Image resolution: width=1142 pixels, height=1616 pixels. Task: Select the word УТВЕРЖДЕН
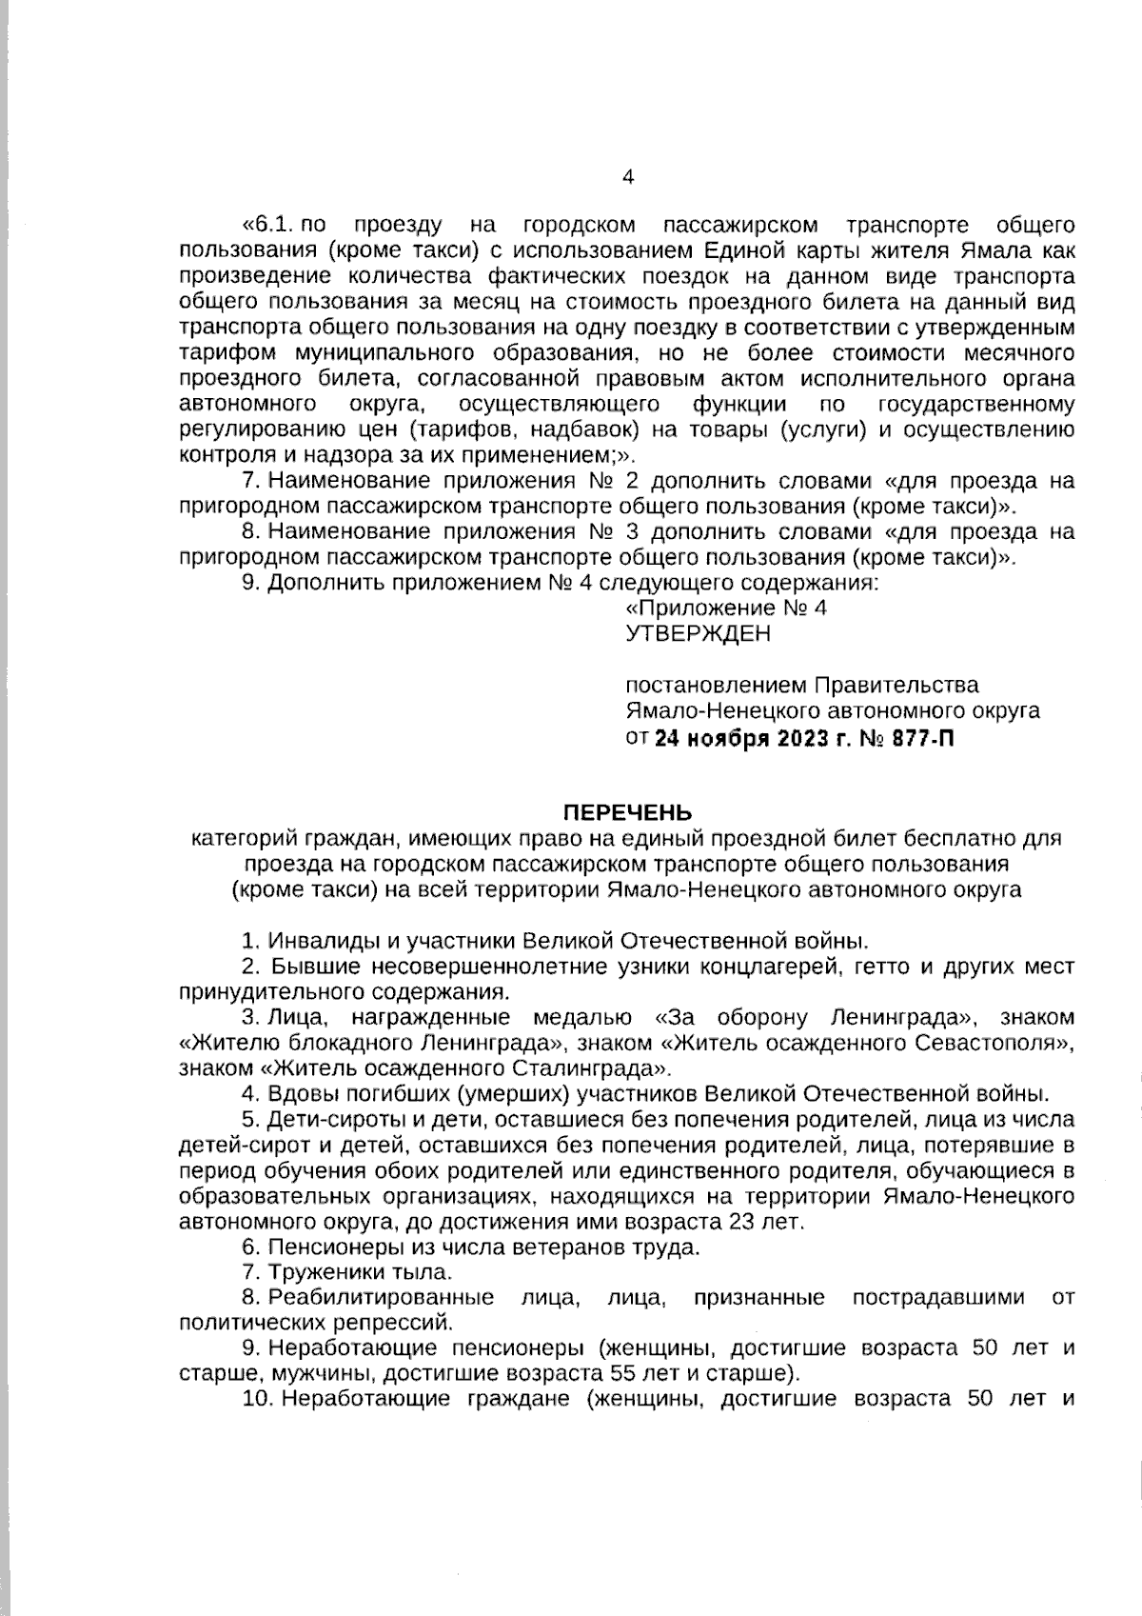(698, 634)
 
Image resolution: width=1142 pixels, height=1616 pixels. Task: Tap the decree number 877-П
(922, 739)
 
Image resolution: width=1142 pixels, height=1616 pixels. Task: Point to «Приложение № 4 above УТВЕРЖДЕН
(725, 608)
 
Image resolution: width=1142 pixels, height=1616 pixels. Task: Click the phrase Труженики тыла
(360, 1271)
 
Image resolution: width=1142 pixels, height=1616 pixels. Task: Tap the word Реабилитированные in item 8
(381, 1297)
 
